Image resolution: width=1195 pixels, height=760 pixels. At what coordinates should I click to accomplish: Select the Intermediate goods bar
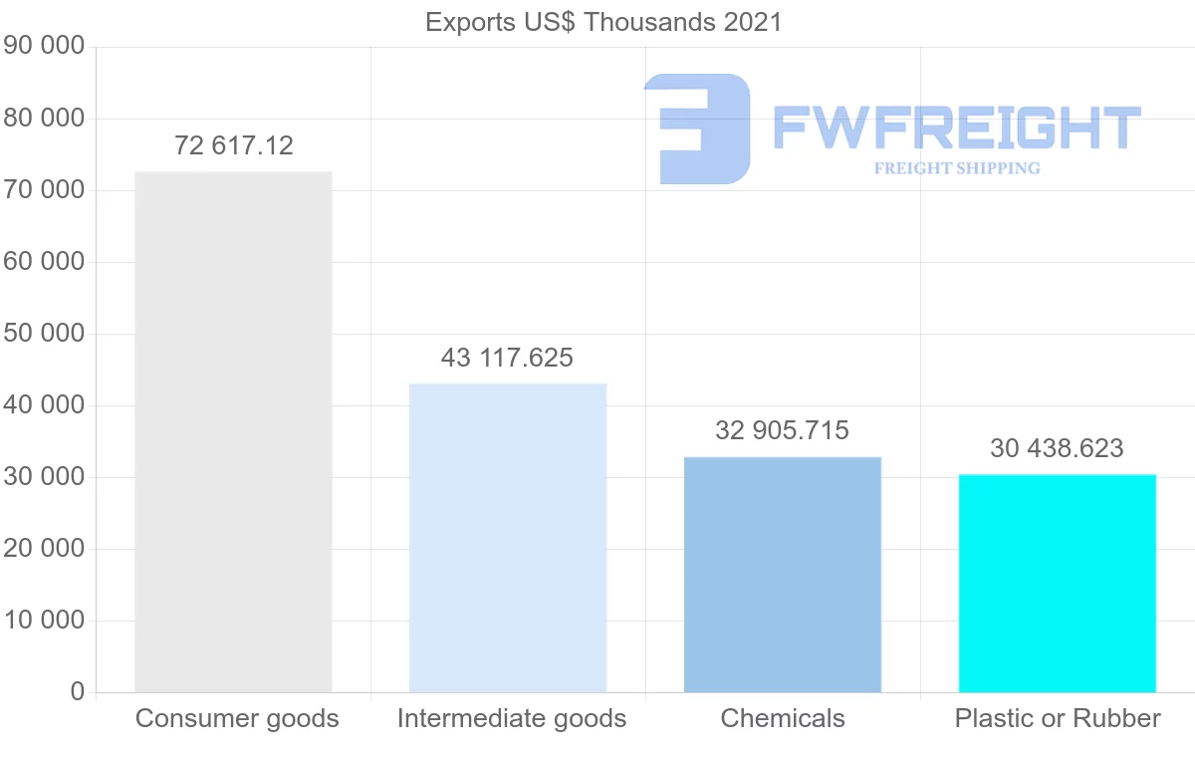508,538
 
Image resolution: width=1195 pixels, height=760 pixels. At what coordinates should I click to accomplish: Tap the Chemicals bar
783,575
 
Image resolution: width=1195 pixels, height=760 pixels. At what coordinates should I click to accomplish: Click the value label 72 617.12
234,145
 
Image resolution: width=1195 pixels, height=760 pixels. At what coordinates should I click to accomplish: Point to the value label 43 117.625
507,358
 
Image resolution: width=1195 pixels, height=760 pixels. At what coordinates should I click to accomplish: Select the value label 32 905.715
782,430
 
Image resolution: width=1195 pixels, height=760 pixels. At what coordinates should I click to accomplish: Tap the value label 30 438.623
1057,448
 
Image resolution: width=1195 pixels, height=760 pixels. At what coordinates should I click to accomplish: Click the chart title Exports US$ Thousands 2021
603,22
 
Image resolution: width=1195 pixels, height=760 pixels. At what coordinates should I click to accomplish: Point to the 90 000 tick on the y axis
44,47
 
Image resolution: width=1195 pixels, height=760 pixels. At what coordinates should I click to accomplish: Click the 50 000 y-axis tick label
44,334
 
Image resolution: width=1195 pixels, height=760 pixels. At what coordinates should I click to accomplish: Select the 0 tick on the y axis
78,692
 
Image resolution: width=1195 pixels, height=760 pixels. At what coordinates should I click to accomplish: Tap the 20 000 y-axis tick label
44,549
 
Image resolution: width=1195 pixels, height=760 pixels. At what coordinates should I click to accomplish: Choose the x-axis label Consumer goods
237,718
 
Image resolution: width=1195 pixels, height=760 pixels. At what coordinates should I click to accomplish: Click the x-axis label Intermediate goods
512,718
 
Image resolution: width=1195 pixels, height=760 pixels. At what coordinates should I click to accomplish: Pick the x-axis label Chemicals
783,718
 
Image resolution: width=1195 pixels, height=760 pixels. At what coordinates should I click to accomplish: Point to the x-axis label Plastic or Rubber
1058,718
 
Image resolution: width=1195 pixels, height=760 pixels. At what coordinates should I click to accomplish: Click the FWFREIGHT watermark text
956,127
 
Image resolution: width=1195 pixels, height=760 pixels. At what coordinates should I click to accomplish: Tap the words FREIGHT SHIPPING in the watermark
957,168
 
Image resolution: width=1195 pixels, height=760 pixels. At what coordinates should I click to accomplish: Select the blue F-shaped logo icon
697,128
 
